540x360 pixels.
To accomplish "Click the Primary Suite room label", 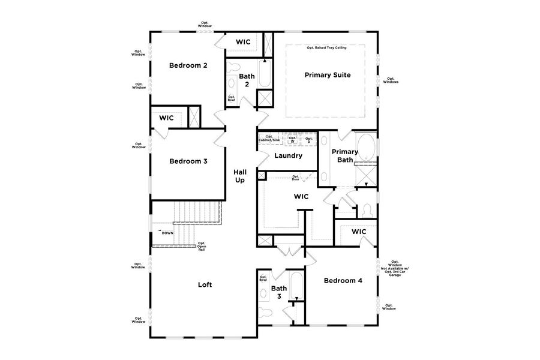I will pyautogui.click(x=327, y=75).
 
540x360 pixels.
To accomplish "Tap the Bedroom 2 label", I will pyautogui.click(x=188, y=65).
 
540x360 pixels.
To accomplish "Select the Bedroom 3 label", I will pyautogui.click(x=188, y=161).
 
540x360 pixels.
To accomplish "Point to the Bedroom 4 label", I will pyautogui.click(x=343, y=280).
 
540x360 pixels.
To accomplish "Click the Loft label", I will pyautogui.click(x=205, y=285).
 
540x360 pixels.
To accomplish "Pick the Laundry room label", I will pyautogui.click(x=288, y=156).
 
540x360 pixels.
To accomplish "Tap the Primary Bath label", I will pyautogui.click(x=345, y=155).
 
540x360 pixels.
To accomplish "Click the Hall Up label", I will pyautogui.click(x=240, y=176).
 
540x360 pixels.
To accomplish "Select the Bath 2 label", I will pyautogui.click(x=247, y=80).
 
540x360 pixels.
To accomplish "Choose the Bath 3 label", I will pyautogui.click(x=279, y=292).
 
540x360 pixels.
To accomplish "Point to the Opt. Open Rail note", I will pyautogui.click(x=202, y=246).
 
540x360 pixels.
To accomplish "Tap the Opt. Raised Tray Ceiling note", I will pyautogui.click(x=326, y=47).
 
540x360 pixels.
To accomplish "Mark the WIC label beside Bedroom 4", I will pyautogui.click(x=359, y=232).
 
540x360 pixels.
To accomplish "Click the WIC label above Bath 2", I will pyautogui.click(x=243, y=42).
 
